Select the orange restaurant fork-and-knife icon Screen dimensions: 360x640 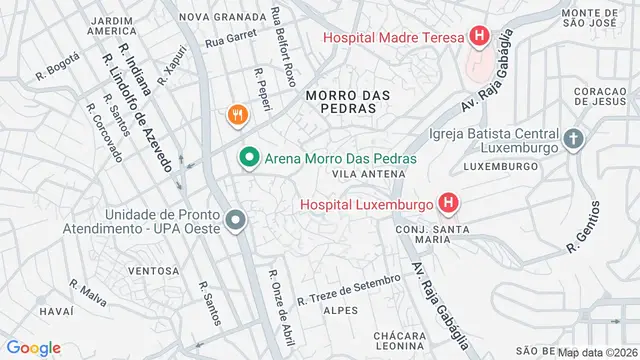[237, 115]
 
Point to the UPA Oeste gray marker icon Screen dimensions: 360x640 [235, 219]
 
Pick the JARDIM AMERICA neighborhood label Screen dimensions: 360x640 [111, 25]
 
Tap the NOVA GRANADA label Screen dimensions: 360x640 [222, 16]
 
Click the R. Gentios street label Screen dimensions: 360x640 [585, 227]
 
